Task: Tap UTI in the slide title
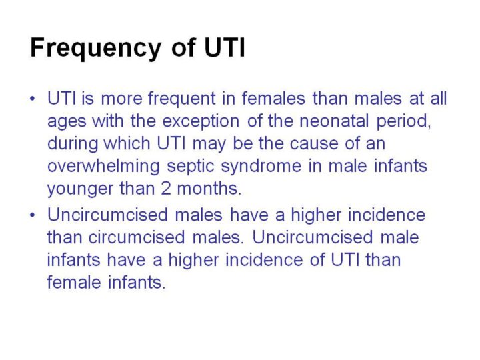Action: pyautogui.click(x=225, y=47)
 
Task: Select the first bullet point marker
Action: pyautogui.click(x=33, y=99)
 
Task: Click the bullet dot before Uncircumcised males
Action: pyautogui.click(x=33, y=215)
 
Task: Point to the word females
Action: pyautogui.click(x=273, y=99)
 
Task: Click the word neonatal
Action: pyautogui.click(x=334, y=121)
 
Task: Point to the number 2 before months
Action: pyautogui.click(x=165, y=189)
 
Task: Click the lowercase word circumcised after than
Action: pyautogui.click(x=137, y=237)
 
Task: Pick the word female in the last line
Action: pyautogui.click(x=74, y=282)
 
